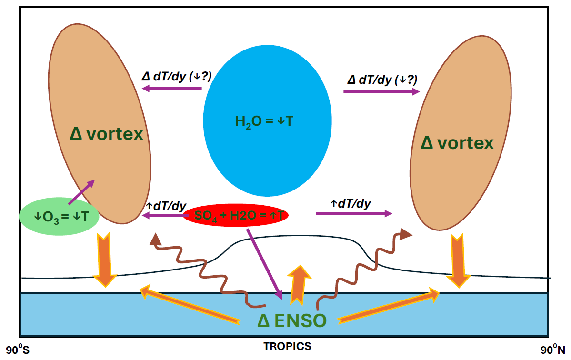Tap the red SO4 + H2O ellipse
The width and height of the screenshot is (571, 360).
[x=236, y=215]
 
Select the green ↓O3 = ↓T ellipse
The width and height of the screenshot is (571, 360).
[x=59, y=217]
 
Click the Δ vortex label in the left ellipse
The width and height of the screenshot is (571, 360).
[x=106, y=134]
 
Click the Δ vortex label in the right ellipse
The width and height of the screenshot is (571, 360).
[x=457, y=142]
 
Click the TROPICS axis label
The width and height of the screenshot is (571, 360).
[x=287, y=347]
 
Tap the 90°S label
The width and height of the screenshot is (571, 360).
[x=18, y=350]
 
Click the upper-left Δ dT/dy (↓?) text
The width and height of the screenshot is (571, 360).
[x=177, y=76]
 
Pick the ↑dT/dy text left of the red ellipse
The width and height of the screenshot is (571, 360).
[x=165, y=206]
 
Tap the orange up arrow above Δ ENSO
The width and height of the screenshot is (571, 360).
[x=299, y=283]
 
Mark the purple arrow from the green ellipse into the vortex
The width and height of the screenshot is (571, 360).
[x=81, y=192]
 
